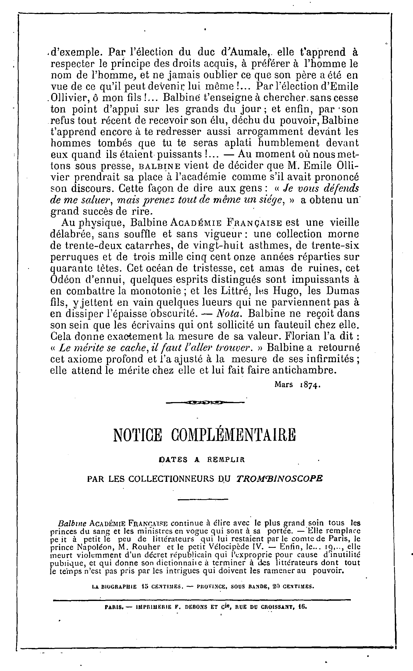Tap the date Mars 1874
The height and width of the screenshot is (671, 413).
pyautogui.click(x=297, y=385)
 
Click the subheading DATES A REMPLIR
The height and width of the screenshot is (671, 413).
pyautogui.click(x=202, y=460)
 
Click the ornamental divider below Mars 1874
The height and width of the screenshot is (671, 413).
pyautogui.click(x=205, y=402)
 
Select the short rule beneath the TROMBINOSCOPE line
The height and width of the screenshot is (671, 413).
pyautogui.click(x=203, y=499)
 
